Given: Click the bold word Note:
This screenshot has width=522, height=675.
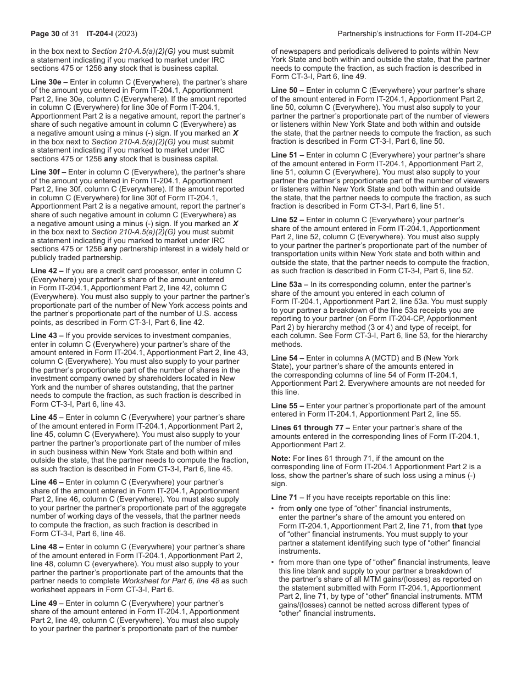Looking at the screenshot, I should pyautogui.click(x=281, y=458).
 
